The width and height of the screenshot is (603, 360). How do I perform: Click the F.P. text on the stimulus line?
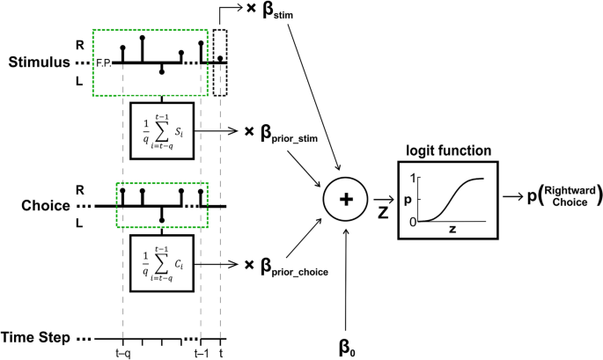(100, 63)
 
